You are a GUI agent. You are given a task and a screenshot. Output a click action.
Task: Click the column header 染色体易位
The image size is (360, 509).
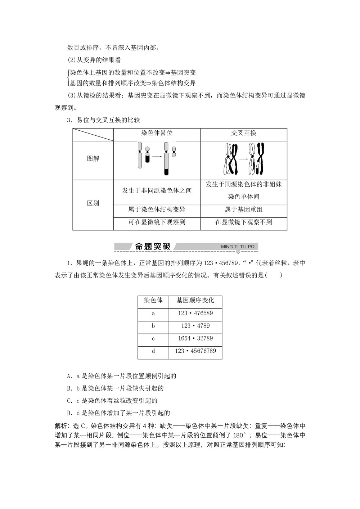coord(157,133)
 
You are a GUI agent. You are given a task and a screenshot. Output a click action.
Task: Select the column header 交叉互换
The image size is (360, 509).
coord(243,133)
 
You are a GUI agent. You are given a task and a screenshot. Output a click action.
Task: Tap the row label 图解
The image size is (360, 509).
coord(93,158)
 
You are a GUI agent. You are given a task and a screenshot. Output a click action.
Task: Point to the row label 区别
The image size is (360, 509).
coord(93,203)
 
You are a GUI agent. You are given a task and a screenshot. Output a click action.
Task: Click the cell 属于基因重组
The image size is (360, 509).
coord(243,210)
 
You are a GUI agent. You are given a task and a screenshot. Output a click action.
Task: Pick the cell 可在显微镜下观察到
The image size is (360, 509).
coord(157,222)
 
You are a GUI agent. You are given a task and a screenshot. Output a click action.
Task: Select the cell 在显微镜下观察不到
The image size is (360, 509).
coord(243,222)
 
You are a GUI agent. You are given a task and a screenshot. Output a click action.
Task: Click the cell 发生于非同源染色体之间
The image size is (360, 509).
coord(157,190)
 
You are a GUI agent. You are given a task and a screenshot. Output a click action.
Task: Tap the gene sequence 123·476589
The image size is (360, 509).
coord(195,313)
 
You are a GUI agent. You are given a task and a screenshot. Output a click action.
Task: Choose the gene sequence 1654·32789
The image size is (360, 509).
coord(195,338)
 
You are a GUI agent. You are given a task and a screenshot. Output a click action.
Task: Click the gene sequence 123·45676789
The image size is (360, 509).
coord(195,351)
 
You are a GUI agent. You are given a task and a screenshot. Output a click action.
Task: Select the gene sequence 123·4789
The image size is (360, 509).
coord(195,326)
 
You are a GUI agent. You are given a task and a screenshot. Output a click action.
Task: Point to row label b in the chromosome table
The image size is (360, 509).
coord(153,326)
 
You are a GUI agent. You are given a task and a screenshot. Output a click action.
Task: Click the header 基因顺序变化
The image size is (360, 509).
coord(195,301)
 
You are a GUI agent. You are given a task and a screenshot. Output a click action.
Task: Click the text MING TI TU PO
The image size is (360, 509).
coord(238,247)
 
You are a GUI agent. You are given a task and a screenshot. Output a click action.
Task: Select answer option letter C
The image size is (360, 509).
coord(69,401)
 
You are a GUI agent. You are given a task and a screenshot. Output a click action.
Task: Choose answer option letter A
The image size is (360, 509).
coord(69,376)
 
